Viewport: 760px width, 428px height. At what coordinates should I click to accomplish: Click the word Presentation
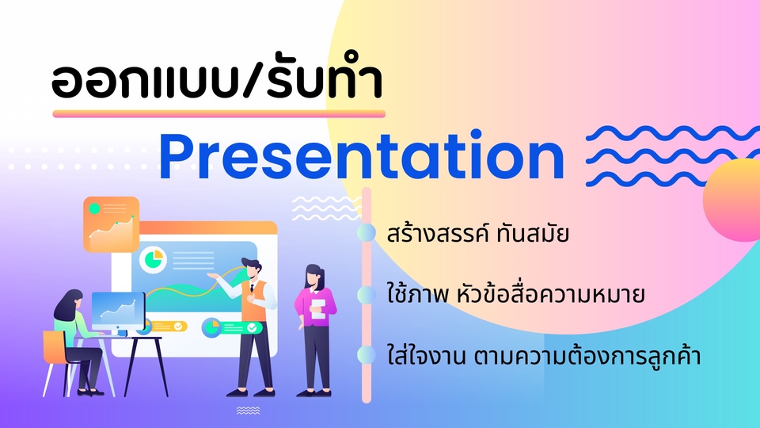point(361,155)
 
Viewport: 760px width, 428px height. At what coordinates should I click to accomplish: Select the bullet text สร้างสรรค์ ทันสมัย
point(478,233)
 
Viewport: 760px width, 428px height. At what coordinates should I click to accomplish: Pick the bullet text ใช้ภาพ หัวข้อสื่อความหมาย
point(515,294)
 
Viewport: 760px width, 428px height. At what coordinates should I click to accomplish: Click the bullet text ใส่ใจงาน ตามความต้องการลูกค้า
point(544,355)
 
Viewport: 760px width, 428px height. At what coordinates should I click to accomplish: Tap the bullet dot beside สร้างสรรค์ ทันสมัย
point(367,233)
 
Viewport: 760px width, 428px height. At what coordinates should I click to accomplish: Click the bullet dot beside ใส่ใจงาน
point(367,355)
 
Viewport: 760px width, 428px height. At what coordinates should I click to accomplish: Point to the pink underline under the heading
point(218,114)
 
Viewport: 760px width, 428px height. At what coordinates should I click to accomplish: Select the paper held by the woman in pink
point(318,309)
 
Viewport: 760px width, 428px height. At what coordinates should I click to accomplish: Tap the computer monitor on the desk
point(118,311)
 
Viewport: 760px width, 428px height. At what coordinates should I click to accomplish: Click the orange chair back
point(55,347)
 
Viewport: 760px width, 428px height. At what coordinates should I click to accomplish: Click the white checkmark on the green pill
point(252,328)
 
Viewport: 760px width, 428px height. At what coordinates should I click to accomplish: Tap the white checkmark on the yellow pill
point(178,327)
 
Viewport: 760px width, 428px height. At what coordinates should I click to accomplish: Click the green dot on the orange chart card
point(94,209)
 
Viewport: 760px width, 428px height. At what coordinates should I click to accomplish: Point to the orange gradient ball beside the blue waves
point(731,200)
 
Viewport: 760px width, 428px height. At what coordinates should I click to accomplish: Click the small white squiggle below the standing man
point(248,411)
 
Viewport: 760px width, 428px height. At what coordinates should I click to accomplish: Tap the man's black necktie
point(252,287)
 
